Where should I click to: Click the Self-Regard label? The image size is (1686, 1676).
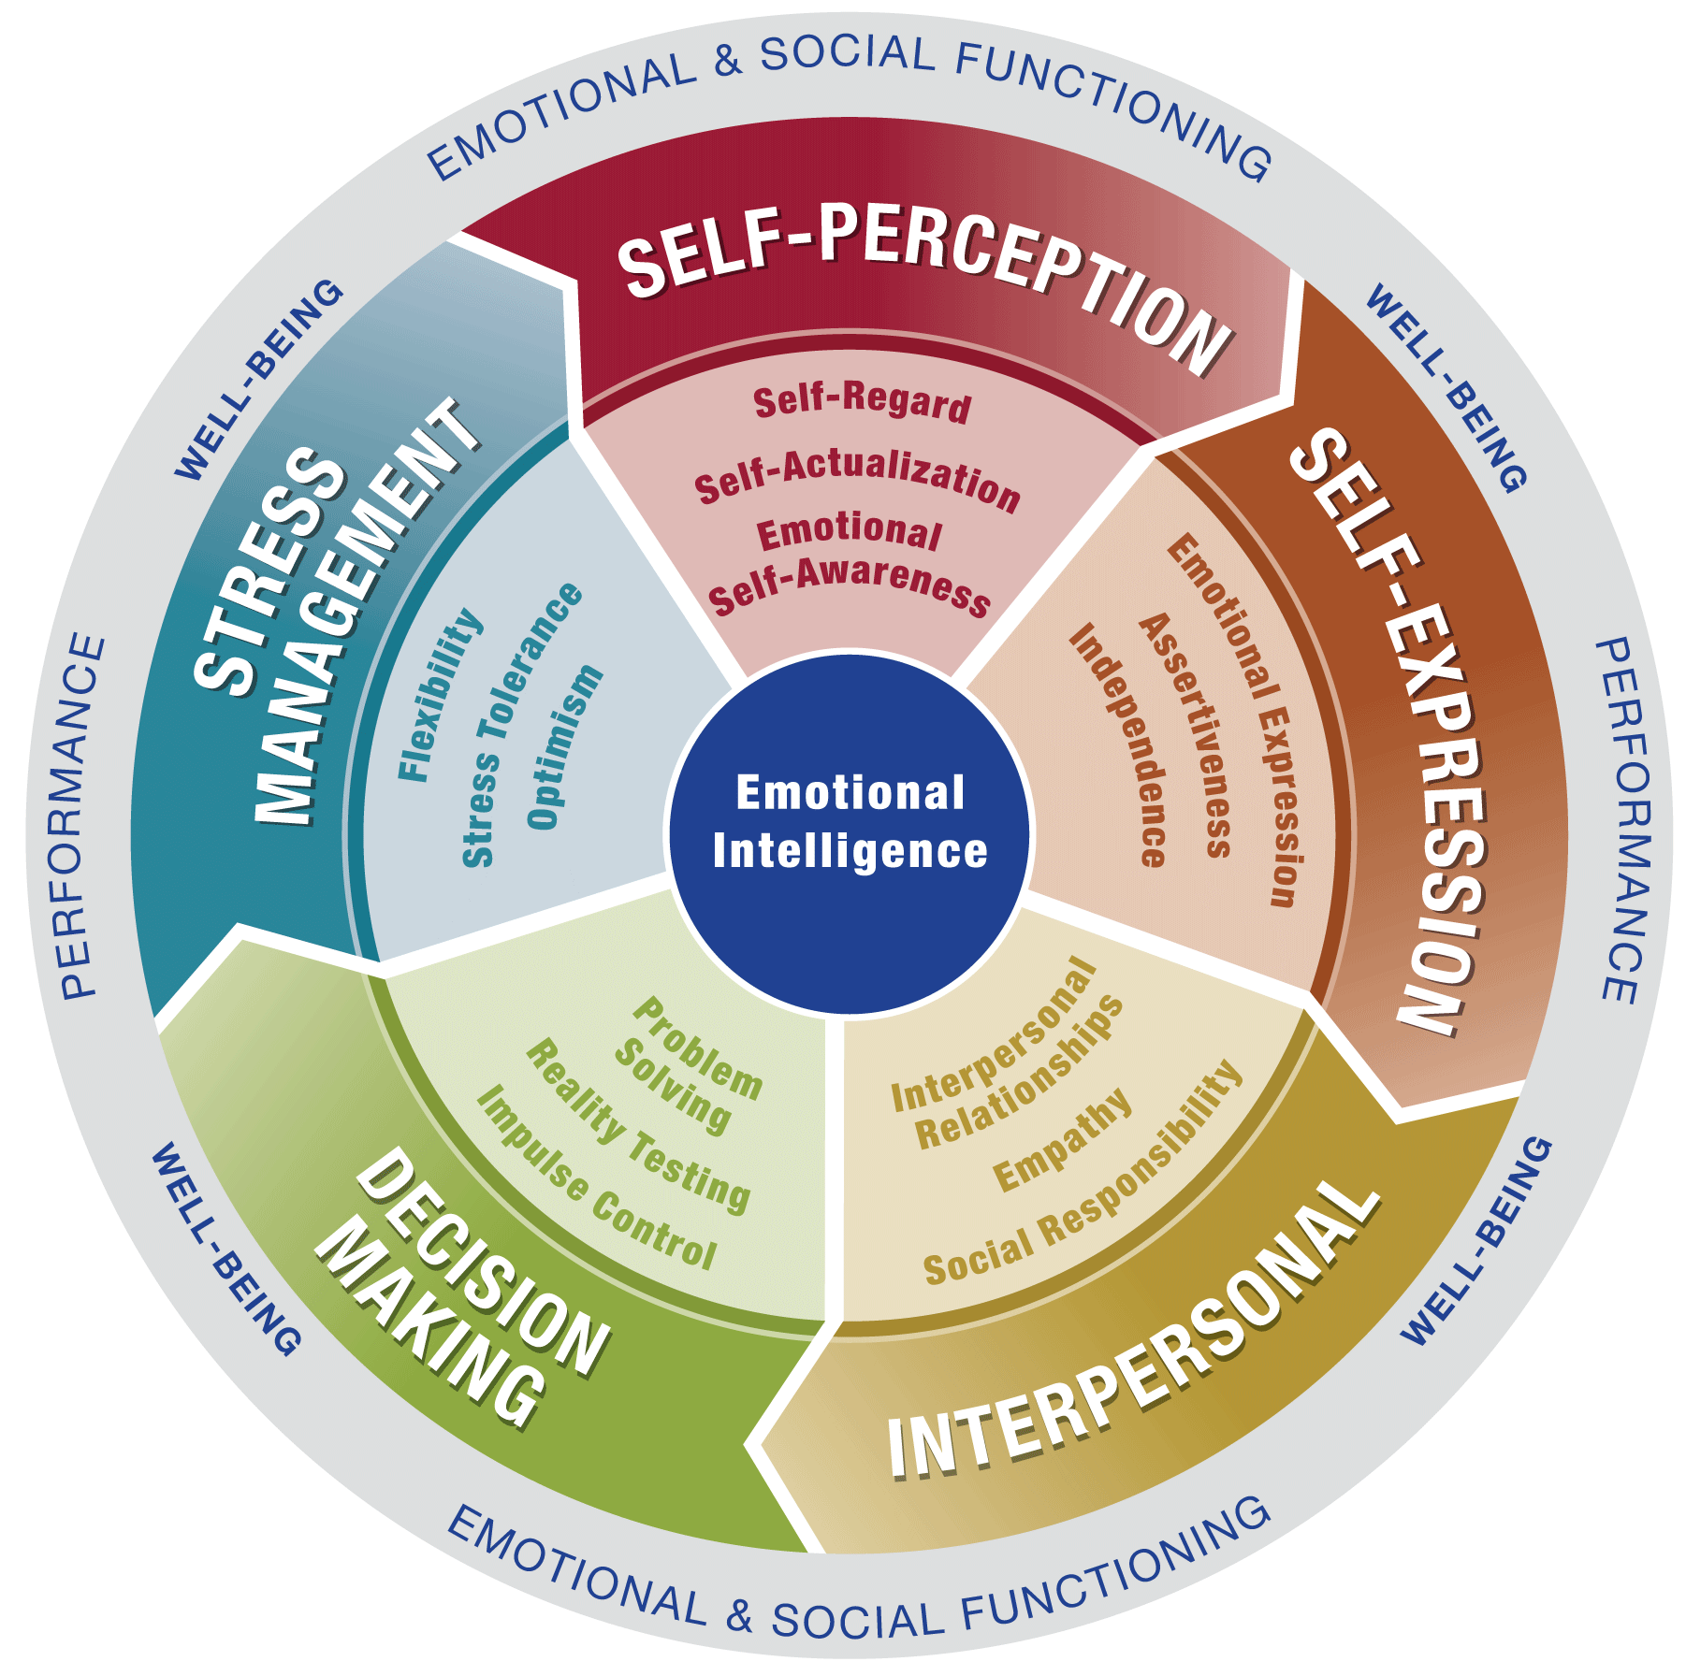[862, 402]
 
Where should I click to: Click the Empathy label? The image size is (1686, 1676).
[1061, 1141]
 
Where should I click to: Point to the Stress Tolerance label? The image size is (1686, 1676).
[521, 725]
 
